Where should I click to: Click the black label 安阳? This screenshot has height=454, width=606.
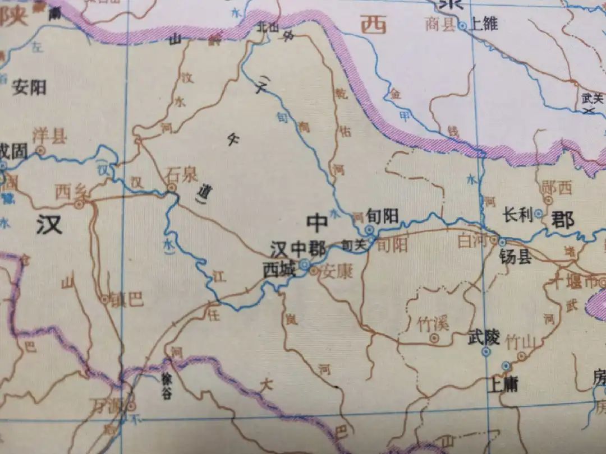[x=29, y=87]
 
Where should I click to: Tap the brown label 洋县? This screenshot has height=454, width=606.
[x=49, y=135]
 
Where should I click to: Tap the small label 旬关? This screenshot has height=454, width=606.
[x=352, y=244]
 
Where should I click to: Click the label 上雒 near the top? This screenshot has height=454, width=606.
[x=484, y=25]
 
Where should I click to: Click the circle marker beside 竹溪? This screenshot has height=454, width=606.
[x=434, y=338]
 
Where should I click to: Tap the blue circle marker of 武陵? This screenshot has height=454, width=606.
[x=486, y=352]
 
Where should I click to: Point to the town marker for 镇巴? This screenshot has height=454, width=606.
[x=104, y=300]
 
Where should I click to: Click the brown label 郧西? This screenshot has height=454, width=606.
[x=557, y=188]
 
